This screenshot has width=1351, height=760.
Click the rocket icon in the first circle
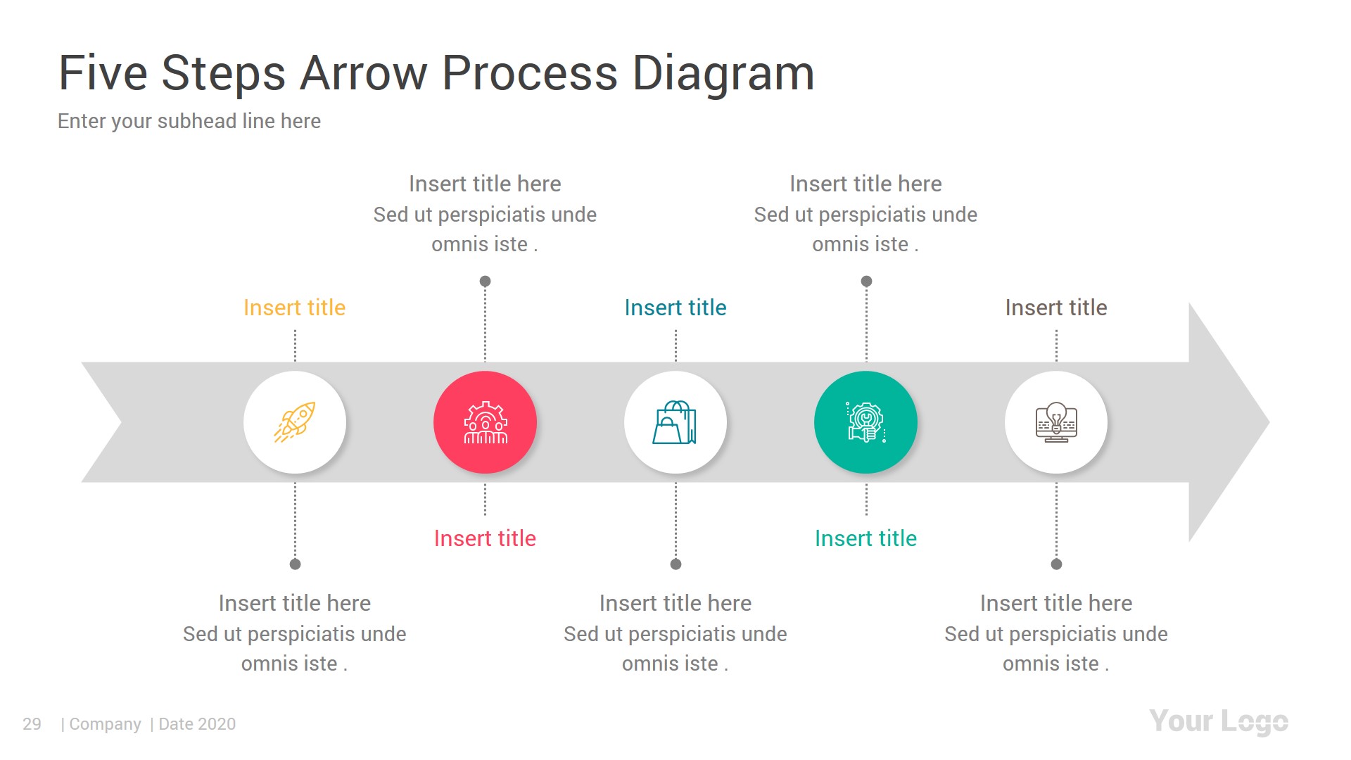pos(295,422)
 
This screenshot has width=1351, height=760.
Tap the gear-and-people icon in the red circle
pos(486,422)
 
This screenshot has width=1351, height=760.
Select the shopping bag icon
pos(675,422)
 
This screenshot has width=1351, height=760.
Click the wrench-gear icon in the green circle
pos(865,422)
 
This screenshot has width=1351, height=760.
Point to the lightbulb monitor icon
pos(1056,422)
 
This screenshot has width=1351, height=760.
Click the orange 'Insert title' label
pos(294,308)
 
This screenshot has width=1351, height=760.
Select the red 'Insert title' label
pos(485,538)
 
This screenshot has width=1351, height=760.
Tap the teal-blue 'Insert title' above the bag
pos(675,308)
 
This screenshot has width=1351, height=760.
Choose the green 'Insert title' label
pos(865,538)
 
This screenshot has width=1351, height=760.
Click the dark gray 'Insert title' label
pos(1055,308)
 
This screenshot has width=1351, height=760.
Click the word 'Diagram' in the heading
pos(723,73)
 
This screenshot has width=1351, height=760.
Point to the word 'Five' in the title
pos(103,73)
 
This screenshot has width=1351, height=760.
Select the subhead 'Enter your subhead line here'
pos(189,121)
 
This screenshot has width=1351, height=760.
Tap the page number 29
pos(32,724)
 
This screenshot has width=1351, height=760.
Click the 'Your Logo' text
pos(1218,722)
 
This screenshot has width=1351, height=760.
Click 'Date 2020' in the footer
pos(197,724)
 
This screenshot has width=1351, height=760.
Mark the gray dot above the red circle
pos(485,281)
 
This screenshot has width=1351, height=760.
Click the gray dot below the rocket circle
pos(295,564)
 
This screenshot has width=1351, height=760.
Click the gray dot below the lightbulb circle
pos(1056,564)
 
